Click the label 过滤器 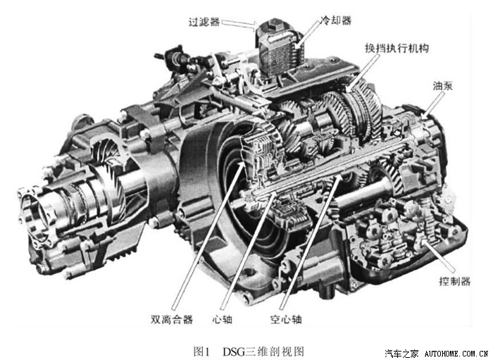204,22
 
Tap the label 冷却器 335,20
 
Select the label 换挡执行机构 397,48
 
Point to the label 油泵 443,86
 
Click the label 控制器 454,281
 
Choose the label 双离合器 171,319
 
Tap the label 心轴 223,319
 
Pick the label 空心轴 286,319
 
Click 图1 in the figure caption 201,352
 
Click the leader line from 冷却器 309,34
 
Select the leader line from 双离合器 208,235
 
